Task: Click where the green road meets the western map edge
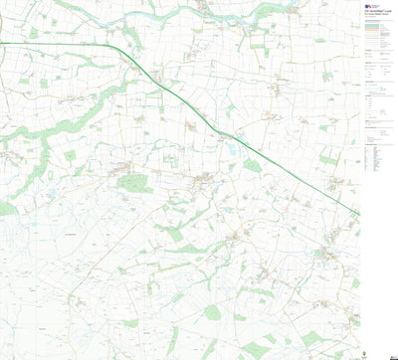click(1, 44)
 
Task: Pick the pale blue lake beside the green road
click(232, 150)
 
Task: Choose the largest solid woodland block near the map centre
click(132, 183)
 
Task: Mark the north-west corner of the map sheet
click(1, 1)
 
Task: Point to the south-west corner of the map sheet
click(1, 358)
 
